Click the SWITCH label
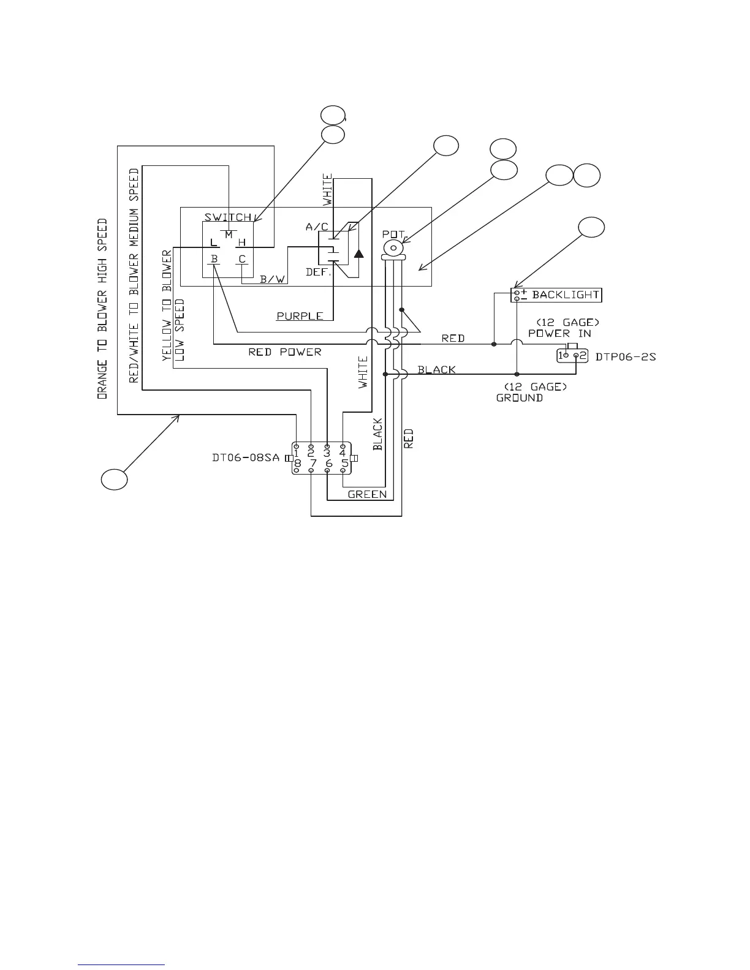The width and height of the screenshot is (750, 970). pos(228,217)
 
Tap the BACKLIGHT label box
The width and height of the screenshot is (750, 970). pos(556,295)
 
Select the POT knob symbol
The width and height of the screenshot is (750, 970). pos(393,248)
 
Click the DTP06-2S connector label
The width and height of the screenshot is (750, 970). pos(626,356)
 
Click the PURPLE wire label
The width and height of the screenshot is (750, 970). pos(300,316)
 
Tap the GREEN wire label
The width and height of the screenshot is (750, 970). pos(367,494)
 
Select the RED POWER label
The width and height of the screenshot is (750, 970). pos(284,352)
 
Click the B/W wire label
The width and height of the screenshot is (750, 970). pos(273,279)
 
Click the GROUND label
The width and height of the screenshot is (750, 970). pos(520,397)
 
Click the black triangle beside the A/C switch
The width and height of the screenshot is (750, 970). pos(358,253)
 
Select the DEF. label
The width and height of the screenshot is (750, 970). pos(318,273)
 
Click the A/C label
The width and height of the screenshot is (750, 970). pos(317,227)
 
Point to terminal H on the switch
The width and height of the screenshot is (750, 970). pos(242,243)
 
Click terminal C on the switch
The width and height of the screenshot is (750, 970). pos(242,259)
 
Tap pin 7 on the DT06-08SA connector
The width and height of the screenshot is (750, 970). pos(312,464)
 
